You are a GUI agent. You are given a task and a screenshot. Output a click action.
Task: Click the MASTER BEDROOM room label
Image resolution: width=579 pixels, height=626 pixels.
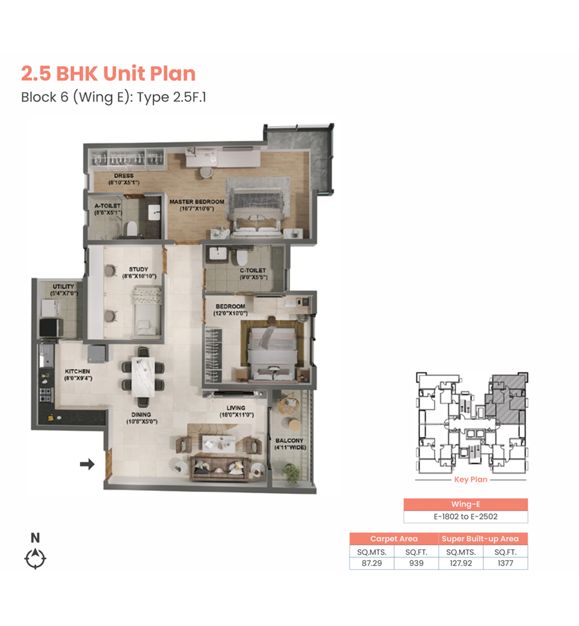pos(197,202)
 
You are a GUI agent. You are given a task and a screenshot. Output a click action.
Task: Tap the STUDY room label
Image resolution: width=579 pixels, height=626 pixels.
pos(138,269)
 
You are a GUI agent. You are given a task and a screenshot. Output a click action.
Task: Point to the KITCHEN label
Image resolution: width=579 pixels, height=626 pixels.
pos(78,372)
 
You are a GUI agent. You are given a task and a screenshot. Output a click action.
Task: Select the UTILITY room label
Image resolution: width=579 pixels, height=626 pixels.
pos(64,286)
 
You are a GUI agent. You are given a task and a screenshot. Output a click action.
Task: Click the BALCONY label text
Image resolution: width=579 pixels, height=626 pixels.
pos(289,441)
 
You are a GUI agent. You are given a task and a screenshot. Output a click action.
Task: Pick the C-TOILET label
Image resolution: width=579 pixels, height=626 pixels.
pos(253,270)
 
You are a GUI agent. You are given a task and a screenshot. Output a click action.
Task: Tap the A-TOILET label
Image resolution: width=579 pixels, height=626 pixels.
pos(107,206)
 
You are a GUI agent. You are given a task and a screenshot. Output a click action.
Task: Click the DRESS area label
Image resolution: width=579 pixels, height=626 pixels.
pos(123,176)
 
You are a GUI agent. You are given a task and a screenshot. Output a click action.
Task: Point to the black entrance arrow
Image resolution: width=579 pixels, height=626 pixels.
pos(87,464)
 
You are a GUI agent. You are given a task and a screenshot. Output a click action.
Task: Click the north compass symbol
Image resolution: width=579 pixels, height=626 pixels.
pos(35,558)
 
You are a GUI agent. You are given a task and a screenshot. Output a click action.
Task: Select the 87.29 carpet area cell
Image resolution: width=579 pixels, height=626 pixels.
pos(372,563)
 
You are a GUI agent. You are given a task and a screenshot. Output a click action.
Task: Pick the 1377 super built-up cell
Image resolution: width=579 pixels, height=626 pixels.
pos(505,563)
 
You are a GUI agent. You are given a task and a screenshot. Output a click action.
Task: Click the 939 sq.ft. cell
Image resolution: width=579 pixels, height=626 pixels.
pos(416,563)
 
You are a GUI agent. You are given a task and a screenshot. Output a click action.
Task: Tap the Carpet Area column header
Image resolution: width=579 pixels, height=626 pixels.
pos(394,538)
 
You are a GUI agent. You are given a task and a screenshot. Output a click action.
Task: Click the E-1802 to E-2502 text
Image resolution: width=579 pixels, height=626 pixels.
pos(466,516)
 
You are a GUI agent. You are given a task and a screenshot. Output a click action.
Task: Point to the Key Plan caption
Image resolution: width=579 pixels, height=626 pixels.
pos(471,479)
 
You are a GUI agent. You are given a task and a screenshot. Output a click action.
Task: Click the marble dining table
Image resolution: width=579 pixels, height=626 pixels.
pos(143,377)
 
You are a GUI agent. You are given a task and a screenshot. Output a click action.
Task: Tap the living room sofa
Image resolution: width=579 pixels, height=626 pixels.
pos(220,468)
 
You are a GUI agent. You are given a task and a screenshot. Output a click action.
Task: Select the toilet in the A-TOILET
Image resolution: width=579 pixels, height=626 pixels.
pos(131,229)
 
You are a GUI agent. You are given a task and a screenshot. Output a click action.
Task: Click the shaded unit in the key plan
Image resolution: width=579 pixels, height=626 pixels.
pos(506,399)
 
